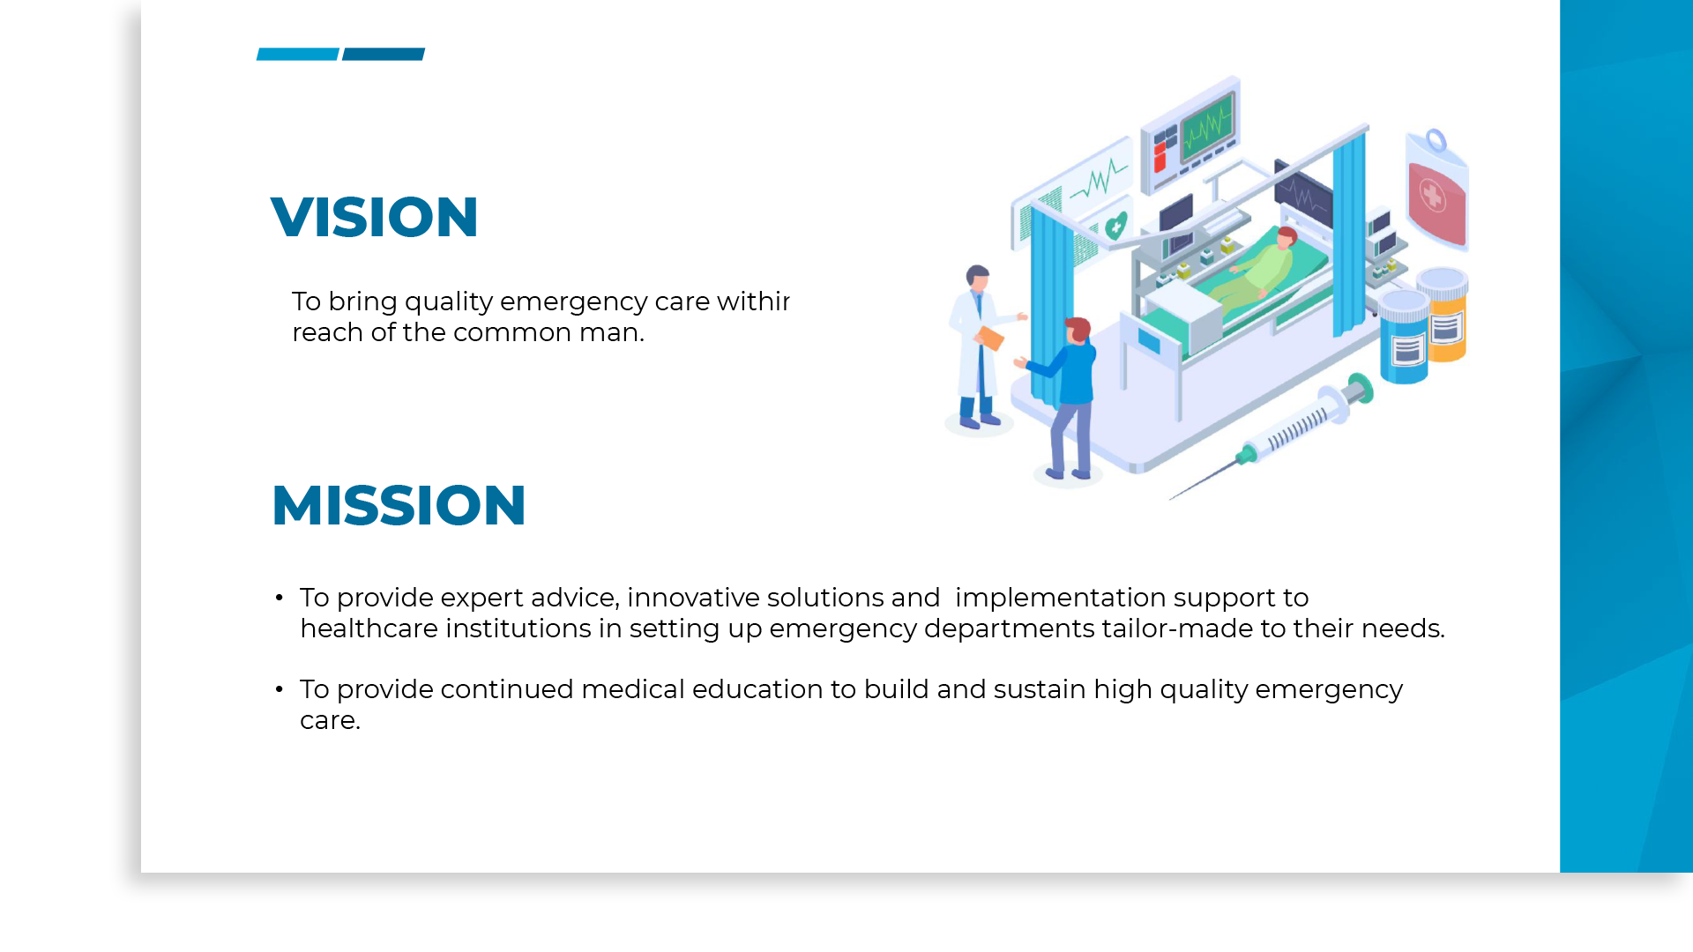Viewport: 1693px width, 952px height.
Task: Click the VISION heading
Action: (374, 217)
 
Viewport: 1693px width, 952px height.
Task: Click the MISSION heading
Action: (399, 505)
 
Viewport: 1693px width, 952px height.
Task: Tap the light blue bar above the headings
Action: (298, 55)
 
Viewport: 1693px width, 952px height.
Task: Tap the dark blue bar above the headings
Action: (384, 55)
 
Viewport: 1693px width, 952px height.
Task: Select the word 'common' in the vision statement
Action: (512, 332)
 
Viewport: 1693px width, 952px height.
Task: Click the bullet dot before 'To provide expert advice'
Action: (280, 598)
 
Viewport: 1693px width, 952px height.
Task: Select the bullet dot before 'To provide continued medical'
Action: (280, 689)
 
